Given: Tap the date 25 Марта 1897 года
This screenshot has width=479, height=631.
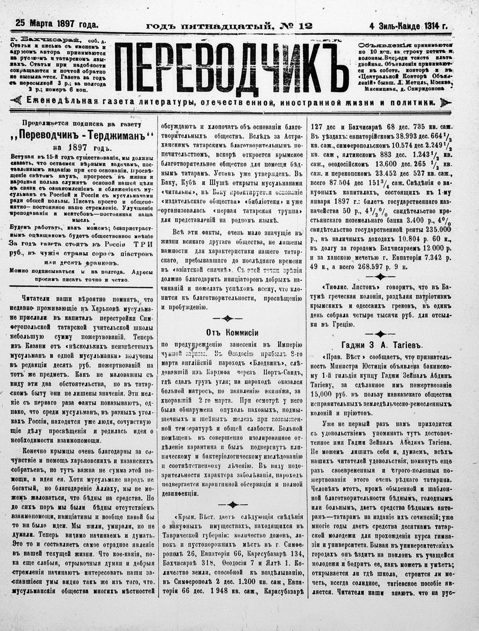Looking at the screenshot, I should point(57,25).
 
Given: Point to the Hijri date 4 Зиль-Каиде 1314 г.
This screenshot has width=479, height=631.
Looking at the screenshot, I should point(408,26).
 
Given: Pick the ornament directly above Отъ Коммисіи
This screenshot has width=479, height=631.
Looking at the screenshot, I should point(227,318).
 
